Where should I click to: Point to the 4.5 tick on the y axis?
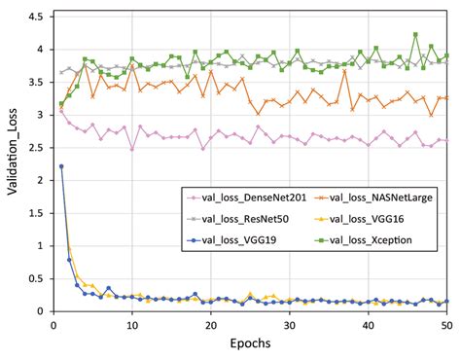tap(36, 17)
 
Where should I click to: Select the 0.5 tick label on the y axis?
tap(36, 278)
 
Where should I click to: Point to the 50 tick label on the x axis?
tap(446, 324)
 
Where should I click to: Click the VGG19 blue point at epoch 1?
tap(61, 166)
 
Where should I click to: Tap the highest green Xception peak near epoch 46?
tap(415, 34)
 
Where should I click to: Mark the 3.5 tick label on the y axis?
tap(36, 82)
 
